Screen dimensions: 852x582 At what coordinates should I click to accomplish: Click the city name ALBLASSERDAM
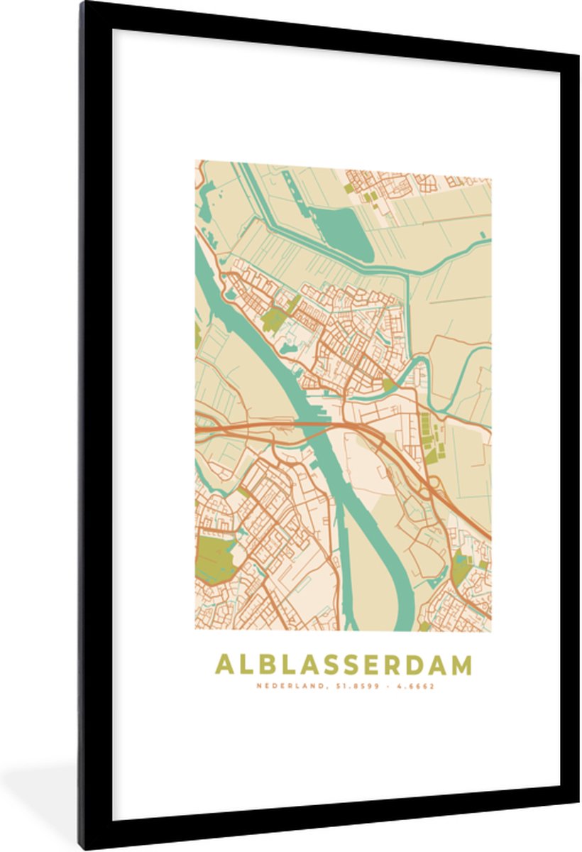click(x=344, y=665)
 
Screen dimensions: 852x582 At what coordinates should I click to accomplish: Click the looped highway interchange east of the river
click(x=431, y=486)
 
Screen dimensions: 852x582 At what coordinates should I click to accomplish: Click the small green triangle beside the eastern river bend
click(x=388, y=384)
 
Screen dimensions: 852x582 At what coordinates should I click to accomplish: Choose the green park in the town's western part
click(x=273, y=320)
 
